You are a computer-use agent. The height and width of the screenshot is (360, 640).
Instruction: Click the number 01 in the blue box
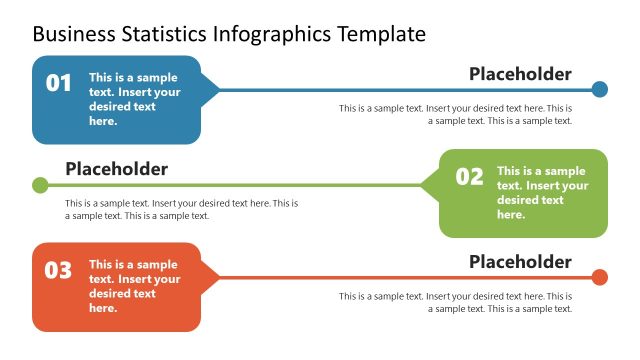(59, 83)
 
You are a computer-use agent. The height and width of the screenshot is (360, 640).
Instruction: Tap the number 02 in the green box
(469, 177)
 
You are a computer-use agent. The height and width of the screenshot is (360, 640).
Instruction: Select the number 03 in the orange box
(59, 270)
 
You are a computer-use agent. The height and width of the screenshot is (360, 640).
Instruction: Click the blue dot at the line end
(599, 89)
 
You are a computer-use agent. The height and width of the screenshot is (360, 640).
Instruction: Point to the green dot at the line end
(40, 185)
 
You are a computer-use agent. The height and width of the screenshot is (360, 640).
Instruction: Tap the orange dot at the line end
(599, 277)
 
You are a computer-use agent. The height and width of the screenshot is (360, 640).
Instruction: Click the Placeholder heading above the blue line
(520, 74)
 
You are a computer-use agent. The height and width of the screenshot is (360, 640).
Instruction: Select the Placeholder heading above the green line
(116, 169)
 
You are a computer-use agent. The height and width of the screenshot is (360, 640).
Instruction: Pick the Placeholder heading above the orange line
(520, 262)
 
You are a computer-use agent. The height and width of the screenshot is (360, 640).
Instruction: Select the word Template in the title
(381, 34)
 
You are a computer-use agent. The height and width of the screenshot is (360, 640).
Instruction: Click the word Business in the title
(70, 34)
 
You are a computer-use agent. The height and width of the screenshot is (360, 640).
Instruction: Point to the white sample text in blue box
(135, 98)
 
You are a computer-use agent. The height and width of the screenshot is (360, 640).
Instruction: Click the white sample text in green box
(542, 193)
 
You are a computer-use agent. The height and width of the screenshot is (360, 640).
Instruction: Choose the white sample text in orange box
(135, 286)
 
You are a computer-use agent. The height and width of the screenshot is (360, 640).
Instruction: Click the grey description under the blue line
(455, 114)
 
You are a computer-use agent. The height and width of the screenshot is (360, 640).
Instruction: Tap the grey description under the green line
(181, 209)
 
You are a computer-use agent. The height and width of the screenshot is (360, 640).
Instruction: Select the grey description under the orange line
(455, 302)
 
